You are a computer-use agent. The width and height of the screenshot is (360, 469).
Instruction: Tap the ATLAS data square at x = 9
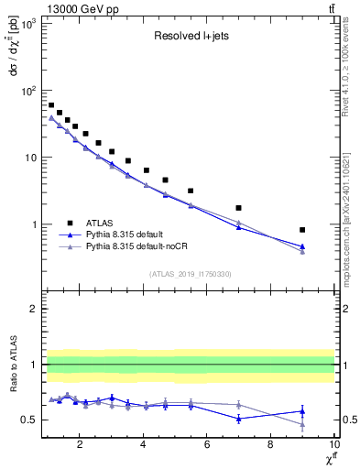click(x=302, y=230)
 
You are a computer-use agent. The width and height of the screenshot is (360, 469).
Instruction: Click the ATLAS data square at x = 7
click(x=238, y=208)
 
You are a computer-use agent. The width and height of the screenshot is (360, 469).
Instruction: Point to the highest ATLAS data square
click(x=51, y=105)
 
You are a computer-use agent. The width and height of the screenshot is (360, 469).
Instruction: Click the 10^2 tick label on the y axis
click(x=27, y=91)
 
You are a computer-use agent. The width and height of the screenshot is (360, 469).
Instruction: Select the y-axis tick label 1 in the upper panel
click(x=32, y=224)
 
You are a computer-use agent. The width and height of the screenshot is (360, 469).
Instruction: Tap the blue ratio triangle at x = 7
click(x=238, y=419)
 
